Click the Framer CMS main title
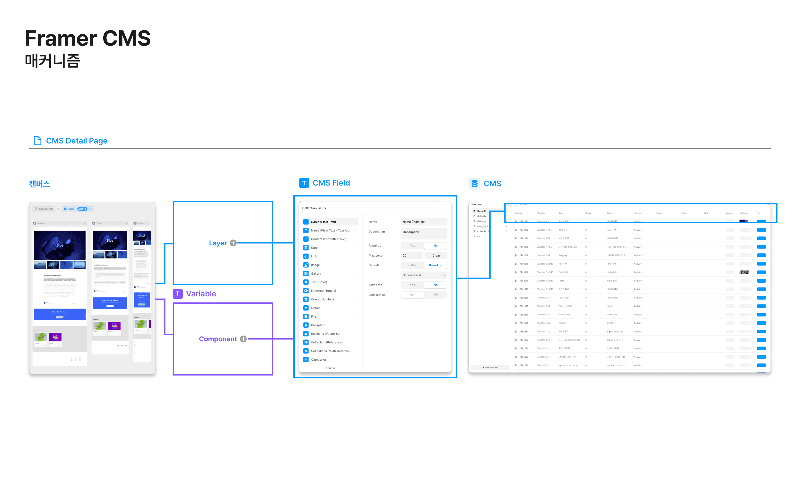click(x=87, y=38)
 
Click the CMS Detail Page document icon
click(x=38, y=141)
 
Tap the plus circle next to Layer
click(x=233, y=243)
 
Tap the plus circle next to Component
click(x=243, y=339)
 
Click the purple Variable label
click(x=201, y=294)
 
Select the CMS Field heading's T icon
click(x=304, y=183)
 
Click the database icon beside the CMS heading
click(x=474, y=183)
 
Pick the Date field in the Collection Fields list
click(x=314, y=248)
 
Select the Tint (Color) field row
click(x=319, y=282)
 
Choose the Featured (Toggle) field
click(x=323, y=291)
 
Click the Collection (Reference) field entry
click(x=326, y=343)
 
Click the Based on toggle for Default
click(x=435, y=265)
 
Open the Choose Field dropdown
click(x=424, y=275)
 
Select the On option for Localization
click(x=412, y=295)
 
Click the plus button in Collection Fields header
click(x=444, y=208)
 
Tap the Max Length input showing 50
click(x=411, y=255)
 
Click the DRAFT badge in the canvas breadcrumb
click(x=82, y=209)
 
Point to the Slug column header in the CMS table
click(x=609, y=213)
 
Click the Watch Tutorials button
click(x=490, y=368)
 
